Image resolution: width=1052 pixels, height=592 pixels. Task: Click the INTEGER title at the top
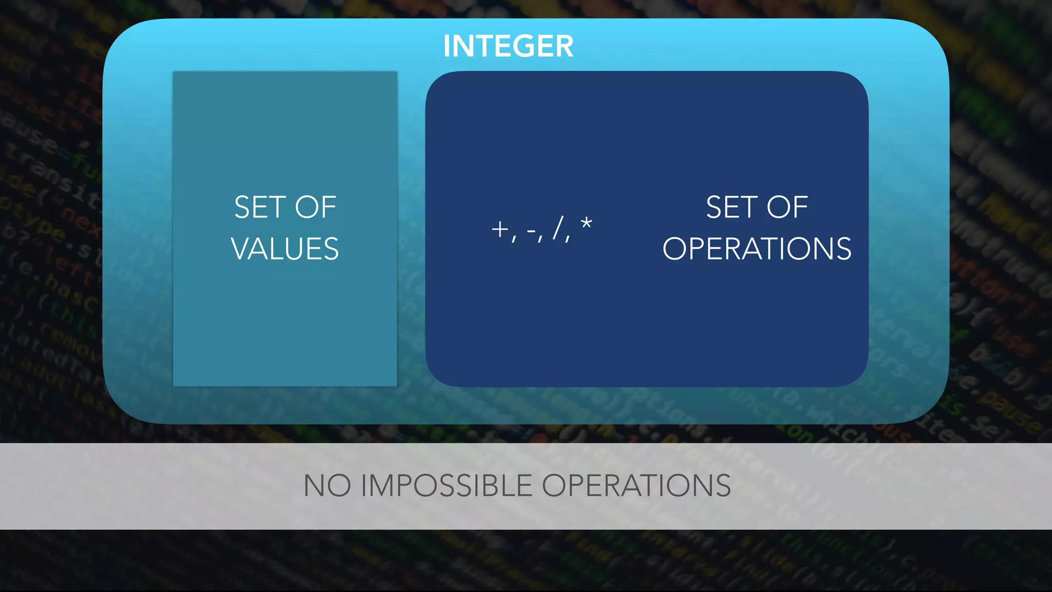pyautogui.click(x=508, y=46)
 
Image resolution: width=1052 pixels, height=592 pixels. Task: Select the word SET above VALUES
pyautogui.click(x=257, y=208)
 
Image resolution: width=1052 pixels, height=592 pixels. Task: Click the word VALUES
pyautogui.click(x=285, y=249)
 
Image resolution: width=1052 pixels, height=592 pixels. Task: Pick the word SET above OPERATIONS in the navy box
pyautogui.click(x=728, y=208)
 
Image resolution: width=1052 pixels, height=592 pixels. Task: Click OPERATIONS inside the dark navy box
pyautogui.click(x=757, y=249)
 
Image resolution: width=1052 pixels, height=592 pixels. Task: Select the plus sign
pyautogui.click(x=499, y=229)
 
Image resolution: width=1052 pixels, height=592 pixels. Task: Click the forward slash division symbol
pyautogui.click(x=558, y=228)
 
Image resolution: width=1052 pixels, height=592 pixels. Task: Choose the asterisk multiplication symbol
pyautogui.click(x=586, y=224)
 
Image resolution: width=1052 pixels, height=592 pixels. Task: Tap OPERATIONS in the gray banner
pyautogui.click(x=636, y=486)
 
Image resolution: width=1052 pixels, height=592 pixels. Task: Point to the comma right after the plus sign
pyautogui.click(x=514, y=238)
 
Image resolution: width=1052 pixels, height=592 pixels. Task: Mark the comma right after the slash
pyautogui.click(x=568, y=238)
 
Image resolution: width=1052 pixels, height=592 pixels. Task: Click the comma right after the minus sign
pyautogui.click(x=540, y=238)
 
